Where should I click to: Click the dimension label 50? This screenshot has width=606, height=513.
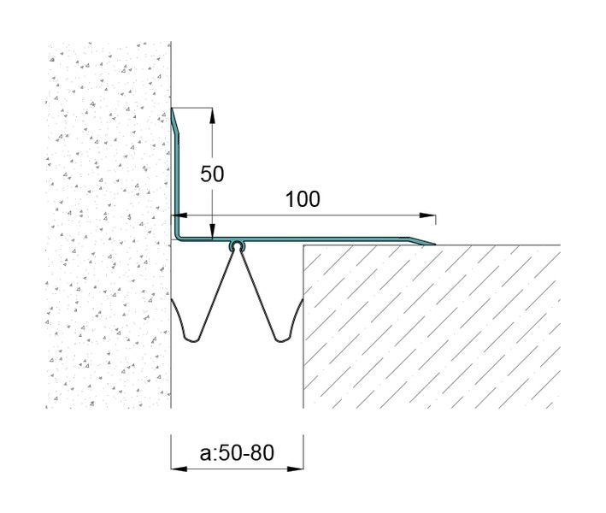coord(212,174)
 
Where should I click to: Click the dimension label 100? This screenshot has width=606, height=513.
coord(303,199)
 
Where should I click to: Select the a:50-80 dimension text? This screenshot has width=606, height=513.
coord(237,452)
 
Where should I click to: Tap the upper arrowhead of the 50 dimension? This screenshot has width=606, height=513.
coord(212,115)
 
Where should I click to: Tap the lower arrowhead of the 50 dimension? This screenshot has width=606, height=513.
coord(212,231)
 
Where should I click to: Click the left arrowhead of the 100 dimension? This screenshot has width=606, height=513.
coord(179,215)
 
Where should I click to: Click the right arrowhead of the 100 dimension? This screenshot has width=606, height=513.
coord(428,215)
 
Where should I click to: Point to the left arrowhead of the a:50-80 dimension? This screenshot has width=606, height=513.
coord(179,469)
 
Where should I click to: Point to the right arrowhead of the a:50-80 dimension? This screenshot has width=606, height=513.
coord(295,469)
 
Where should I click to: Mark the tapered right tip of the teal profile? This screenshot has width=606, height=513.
coord(434,245)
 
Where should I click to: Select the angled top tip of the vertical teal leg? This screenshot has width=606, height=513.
coord(172,109)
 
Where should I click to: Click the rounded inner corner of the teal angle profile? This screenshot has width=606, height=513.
coord(177,236)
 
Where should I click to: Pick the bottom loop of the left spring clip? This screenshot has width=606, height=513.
coord(192,339)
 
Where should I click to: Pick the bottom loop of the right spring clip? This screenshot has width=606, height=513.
coord(282,339)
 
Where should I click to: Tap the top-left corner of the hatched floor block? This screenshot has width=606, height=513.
coord(303,245)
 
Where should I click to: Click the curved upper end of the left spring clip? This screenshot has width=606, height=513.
coord(173,304)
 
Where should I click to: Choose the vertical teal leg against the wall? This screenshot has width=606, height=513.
coord(177,174)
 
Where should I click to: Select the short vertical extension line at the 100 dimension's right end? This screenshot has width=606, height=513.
coord(436,220)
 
